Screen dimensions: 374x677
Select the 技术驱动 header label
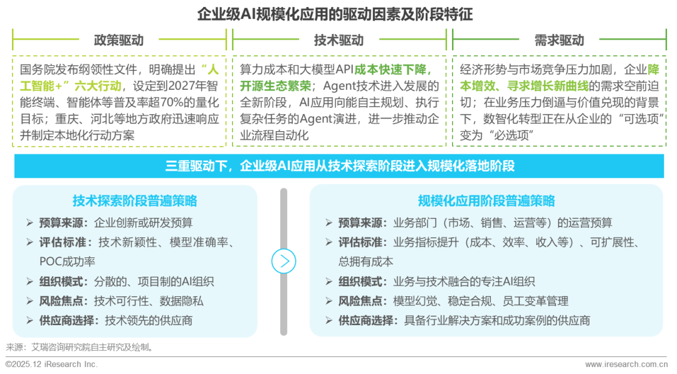(x=338, y=40)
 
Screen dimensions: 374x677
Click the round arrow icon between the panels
(x=283, y=261)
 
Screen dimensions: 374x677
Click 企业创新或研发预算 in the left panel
(x=143, y=223)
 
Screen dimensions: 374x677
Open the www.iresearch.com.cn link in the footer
(x=626, y=365)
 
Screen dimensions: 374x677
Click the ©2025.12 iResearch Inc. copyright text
(x=51, y=365)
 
